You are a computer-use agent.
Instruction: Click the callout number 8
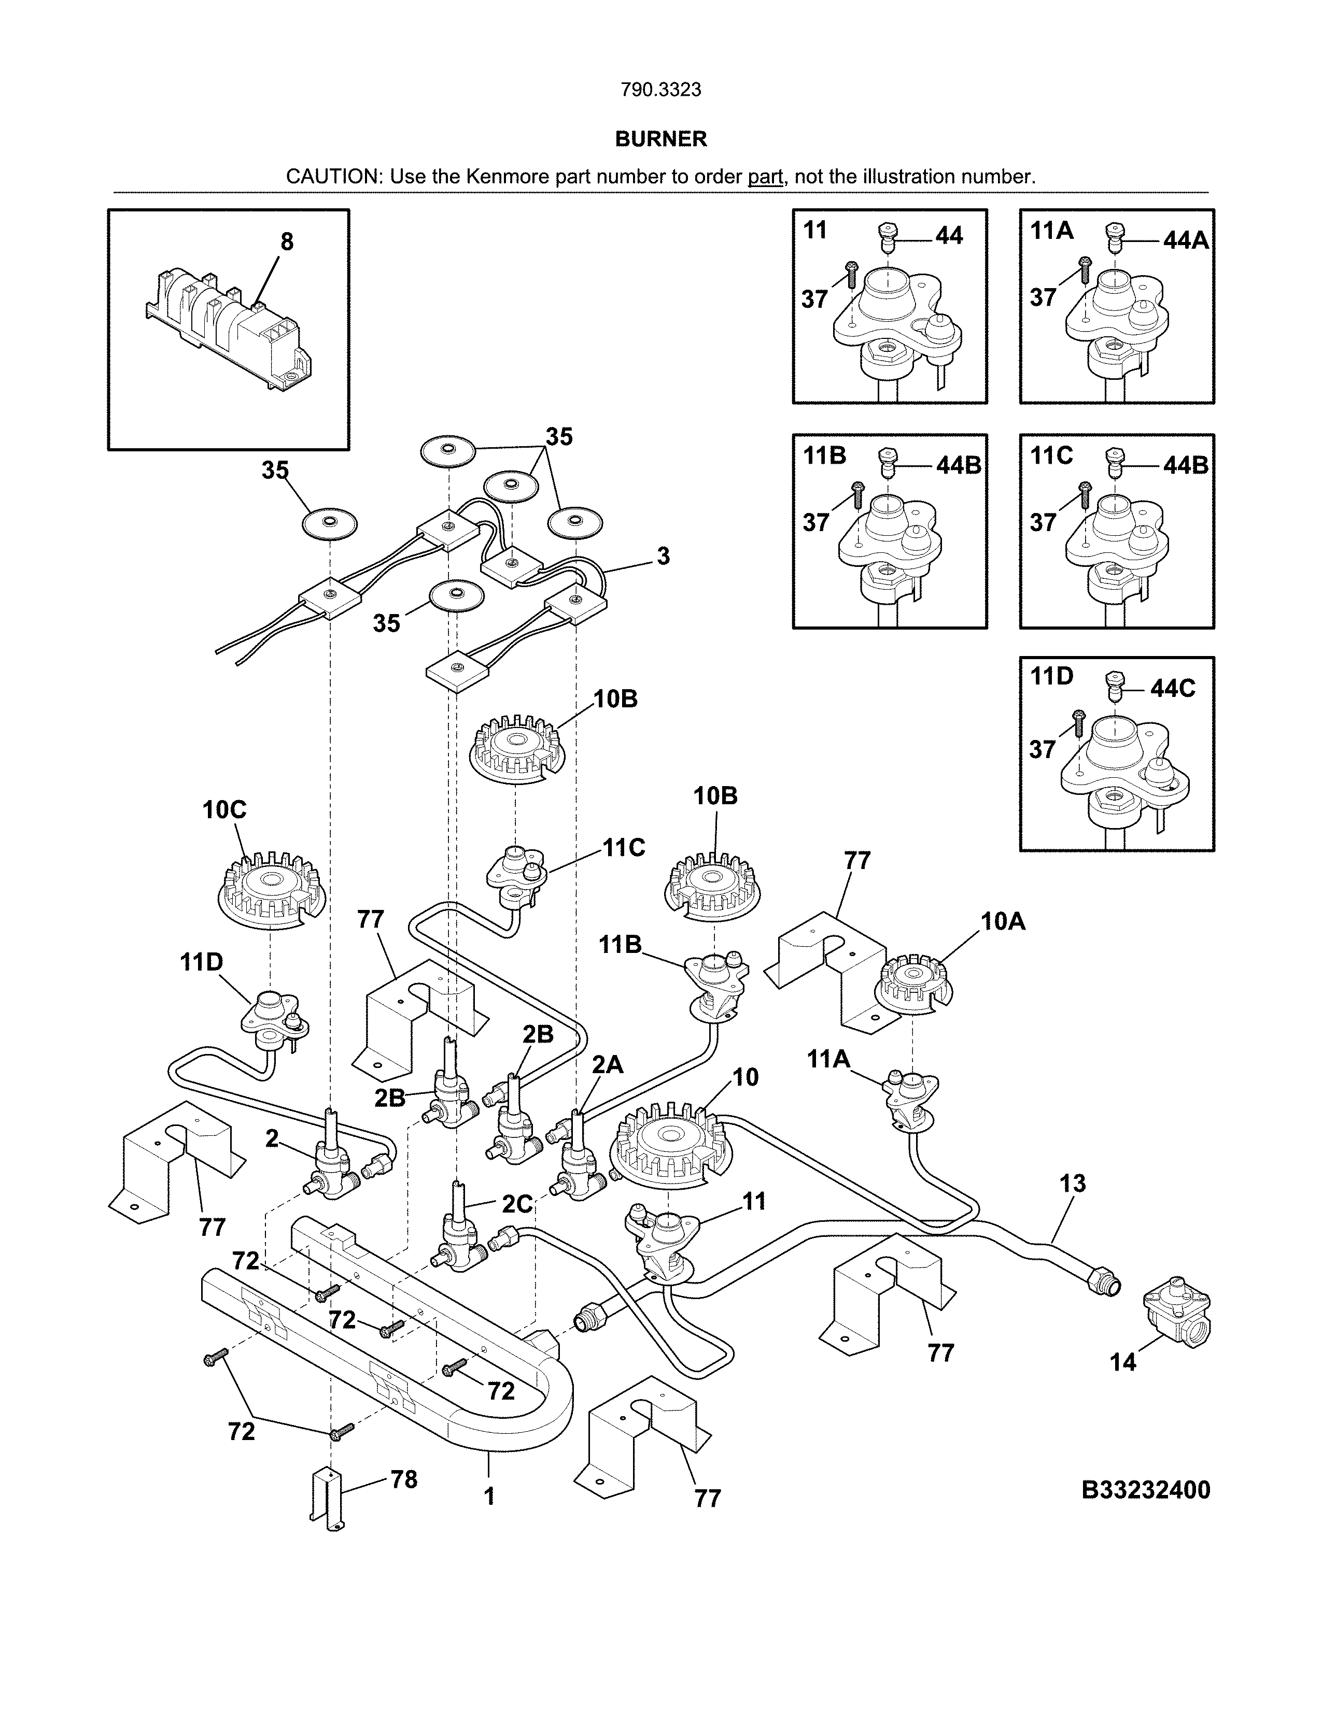[x=287, y=242]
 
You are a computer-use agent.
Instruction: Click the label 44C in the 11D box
[x=1172, y=688]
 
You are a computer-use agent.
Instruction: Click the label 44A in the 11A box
[x=1185, y=240]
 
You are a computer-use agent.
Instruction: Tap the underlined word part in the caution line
[x=765, y=177]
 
